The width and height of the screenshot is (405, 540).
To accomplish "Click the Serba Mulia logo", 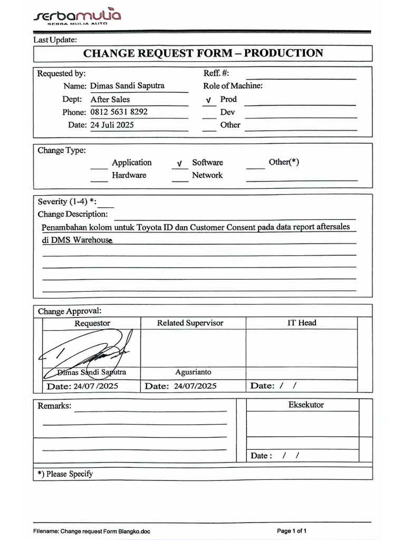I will (77, 16).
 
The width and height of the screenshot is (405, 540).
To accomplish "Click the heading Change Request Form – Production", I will (203, 53).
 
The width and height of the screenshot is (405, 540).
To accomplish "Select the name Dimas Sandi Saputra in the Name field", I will (128, 85).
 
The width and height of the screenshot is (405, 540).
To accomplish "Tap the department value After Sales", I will (110, 99).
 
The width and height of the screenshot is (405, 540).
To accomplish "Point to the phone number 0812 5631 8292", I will (119, 112).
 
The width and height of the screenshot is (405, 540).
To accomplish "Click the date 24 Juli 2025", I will (112, 125).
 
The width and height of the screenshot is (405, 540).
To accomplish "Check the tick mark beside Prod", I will (209, 100).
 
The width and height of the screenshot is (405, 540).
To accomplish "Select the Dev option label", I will (228, 112).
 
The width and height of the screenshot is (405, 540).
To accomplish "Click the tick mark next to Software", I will (179, 163).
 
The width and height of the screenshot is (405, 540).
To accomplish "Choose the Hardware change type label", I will (129, 175).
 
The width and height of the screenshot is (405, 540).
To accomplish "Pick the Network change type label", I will (207, 175).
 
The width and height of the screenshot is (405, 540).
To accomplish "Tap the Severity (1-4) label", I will (66, 201).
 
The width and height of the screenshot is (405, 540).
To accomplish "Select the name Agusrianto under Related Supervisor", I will (193, 372).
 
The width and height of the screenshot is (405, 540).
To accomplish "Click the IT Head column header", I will (302, 323).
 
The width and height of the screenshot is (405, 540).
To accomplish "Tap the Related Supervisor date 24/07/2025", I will (193, 386).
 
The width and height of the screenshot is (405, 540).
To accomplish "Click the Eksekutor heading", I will (306, 405).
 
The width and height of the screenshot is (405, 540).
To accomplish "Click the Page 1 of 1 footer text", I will (292, 531).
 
